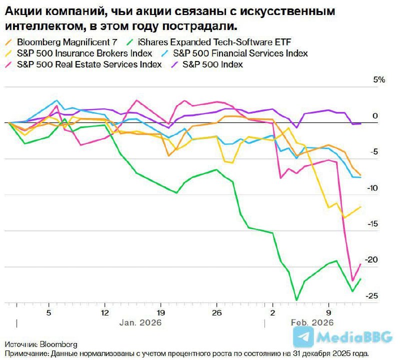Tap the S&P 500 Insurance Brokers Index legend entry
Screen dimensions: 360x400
pos(84,53)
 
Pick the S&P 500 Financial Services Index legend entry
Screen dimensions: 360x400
pos(240,53)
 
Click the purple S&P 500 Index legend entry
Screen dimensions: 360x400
pos(212,64)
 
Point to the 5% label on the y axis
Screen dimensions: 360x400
pos(379,80)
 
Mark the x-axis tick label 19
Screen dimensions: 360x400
pos(160,312)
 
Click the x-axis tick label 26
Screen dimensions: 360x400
pos(216,312)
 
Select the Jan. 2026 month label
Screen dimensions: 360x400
pos(140,323)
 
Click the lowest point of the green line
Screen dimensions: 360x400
pos(297,300)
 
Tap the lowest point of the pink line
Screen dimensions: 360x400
pos(352,281)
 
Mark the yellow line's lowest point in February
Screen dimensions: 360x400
pos(343,217)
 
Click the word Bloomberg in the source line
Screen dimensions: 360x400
pos(59,344)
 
